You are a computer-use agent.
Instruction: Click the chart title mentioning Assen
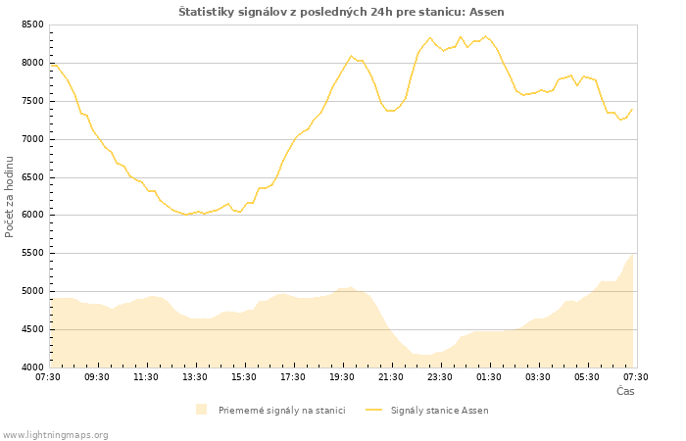pos(341,12)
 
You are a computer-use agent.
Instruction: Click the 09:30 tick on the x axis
pos(97,376)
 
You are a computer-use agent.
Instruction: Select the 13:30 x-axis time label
pos(195,376)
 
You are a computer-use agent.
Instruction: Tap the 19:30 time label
pos(342,376)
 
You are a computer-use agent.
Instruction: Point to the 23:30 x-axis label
pos(440,376)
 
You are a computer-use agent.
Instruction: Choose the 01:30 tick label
pos(489,376)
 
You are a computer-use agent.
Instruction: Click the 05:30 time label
pos(587,376)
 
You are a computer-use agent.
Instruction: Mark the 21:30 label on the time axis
pos(391,376)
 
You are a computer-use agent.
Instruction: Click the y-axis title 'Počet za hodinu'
pos(11,196)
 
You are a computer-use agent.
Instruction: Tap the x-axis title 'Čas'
pos(625,392)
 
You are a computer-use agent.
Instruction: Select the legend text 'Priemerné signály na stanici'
pos(281,411)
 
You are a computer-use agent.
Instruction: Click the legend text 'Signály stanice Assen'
pos(439,411)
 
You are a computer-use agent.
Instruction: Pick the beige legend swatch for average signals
pos(201,410)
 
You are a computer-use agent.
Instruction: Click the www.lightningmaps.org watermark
pos(56,434)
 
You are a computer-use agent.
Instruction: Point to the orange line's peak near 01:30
pos(484,36)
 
